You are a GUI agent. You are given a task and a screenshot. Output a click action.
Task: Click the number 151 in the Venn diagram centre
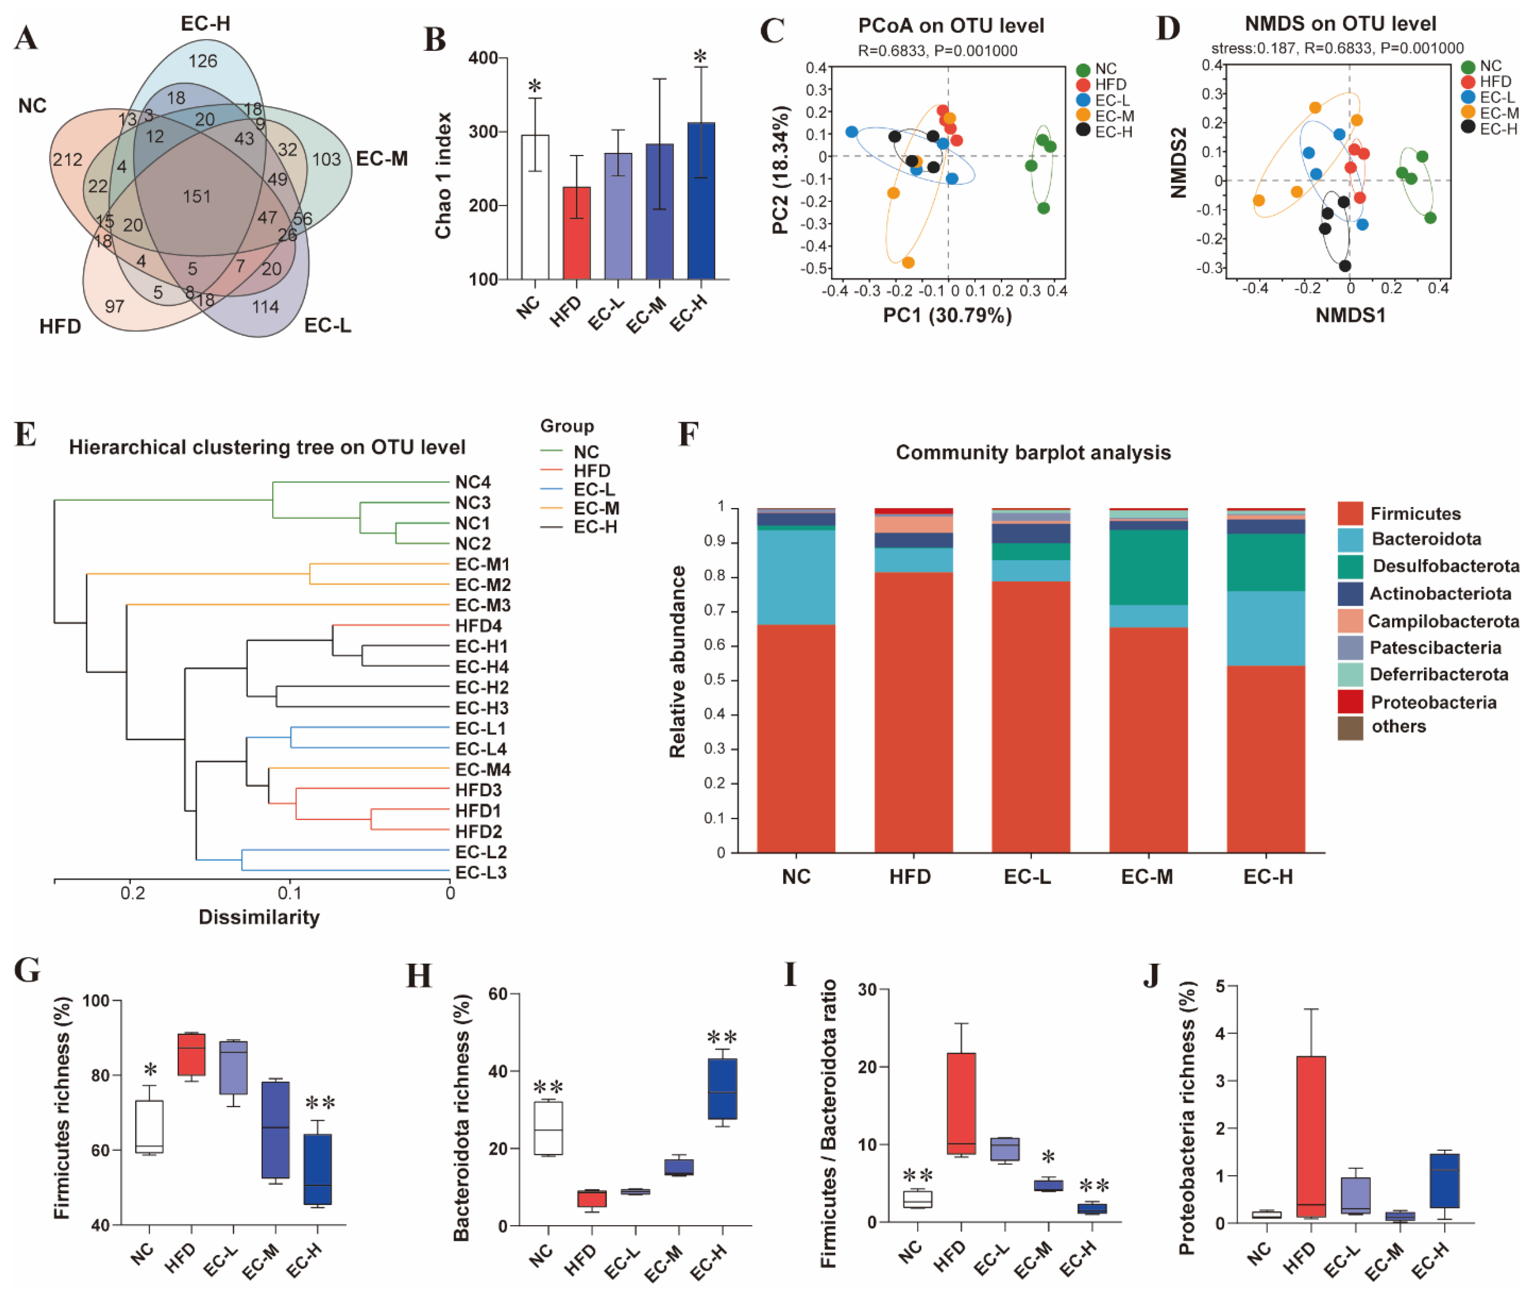196,197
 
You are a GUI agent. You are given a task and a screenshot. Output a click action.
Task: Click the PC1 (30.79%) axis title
947,315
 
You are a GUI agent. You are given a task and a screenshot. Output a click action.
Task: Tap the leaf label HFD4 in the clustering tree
478,626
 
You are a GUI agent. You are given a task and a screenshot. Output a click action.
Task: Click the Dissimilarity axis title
259,917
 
